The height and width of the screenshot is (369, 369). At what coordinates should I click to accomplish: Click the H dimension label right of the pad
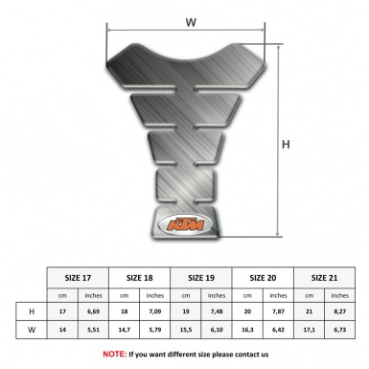pyautogui.click(x=285, y=146)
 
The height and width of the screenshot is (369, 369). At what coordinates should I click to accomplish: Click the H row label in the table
pyautogui.click(x=33, y=311)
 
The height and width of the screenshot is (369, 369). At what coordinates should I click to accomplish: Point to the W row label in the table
pyautogui.click(x=33, y=331)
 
